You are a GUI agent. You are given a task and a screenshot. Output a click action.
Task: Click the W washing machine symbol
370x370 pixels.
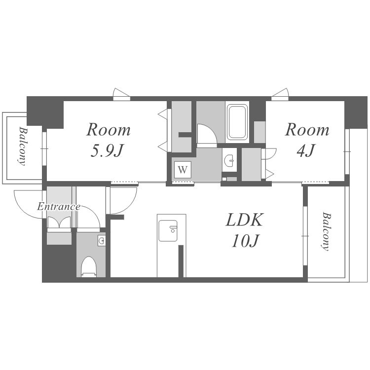(x=183, y=170)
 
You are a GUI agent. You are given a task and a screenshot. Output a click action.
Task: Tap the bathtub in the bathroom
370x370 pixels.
(x=237, y=122)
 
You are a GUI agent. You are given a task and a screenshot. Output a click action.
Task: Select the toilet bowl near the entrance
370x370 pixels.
(x=89, y=266)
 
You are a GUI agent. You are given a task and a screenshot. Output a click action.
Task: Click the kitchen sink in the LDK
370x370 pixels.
(x=168, y=231)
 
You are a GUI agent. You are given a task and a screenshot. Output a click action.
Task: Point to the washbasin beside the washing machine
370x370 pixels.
(x=229, y=160)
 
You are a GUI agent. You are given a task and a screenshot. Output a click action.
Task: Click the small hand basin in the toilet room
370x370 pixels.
(x=102, y=241)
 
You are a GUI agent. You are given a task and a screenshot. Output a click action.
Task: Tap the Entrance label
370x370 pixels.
(x=59, y=207)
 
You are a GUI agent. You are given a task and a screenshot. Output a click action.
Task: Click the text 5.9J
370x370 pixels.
(x=108, y=151)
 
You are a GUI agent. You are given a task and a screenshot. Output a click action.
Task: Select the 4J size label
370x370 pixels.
(x=306, y=150)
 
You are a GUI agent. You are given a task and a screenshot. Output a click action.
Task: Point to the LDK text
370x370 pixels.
(x=244, y=220)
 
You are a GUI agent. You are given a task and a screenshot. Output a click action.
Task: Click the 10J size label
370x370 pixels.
(x=245, y=241)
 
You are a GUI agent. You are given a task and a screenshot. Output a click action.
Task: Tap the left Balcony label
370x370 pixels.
(x=22, y=147)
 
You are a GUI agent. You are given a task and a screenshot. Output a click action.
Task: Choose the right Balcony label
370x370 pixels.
(x=326, y=232)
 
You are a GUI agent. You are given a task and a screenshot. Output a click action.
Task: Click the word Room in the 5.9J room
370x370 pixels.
(x=109, y=130)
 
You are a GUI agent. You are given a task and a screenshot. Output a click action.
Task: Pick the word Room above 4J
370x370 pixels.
(x=307, y=130)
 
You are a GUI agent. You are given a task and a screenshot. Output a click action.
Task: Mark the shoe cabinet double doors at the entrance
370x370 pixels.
(x=59, y=222)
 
